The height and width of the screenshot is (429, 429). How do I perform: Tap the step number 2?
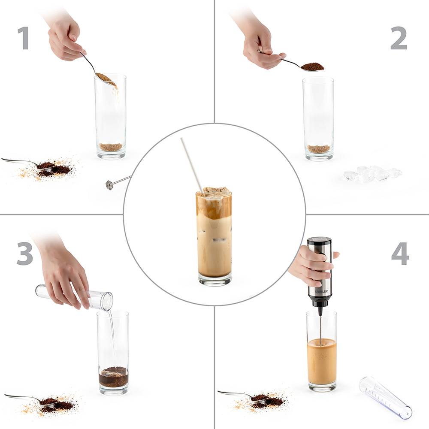tap(399, 38)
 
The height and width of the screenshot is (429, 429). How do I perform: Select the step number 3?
tap(25, 254)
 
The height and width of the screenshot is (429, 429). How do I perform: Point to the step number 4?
tap(400, 254)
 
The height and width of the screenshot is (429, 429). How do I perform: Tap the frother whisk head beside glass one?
tap(110, 185)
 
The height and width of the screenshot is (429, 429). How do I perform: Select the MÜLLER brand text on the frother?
tap(321, 292)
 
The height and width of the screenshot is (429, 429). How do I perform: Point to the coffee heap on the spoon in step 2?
tap(313, 66)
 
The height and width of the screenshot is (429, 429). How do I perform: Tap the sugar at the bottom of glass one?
tap(111, 147)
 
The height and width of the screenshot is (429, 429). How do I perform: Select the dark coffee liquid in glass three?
tap(113, 377)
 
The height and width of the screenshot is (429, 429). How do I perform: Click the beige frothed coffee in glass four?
tap(322, 361)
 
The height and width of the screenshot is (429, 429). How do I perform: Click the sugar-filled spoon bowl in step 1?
tap(106, 78)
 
